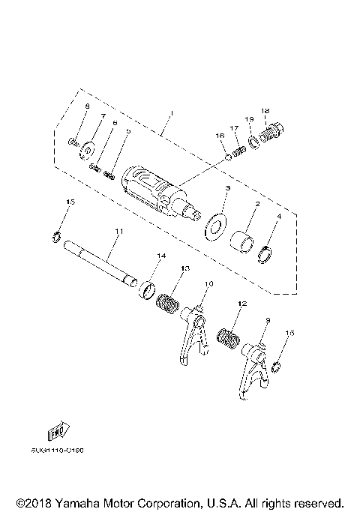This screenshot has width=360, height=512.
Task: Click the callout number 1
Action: [171, 113]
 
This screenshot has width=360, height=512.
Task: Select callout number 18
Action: [265, 111]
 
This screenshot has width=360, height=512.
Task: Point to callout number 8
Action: [86, 106]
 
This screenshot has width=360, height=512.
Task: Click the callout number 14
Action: [160, 256]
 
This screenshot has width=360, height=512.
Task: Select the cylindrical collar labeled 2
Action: [245, 244]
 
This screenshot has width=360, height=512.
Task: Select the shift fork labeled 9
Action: [250, 367]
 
